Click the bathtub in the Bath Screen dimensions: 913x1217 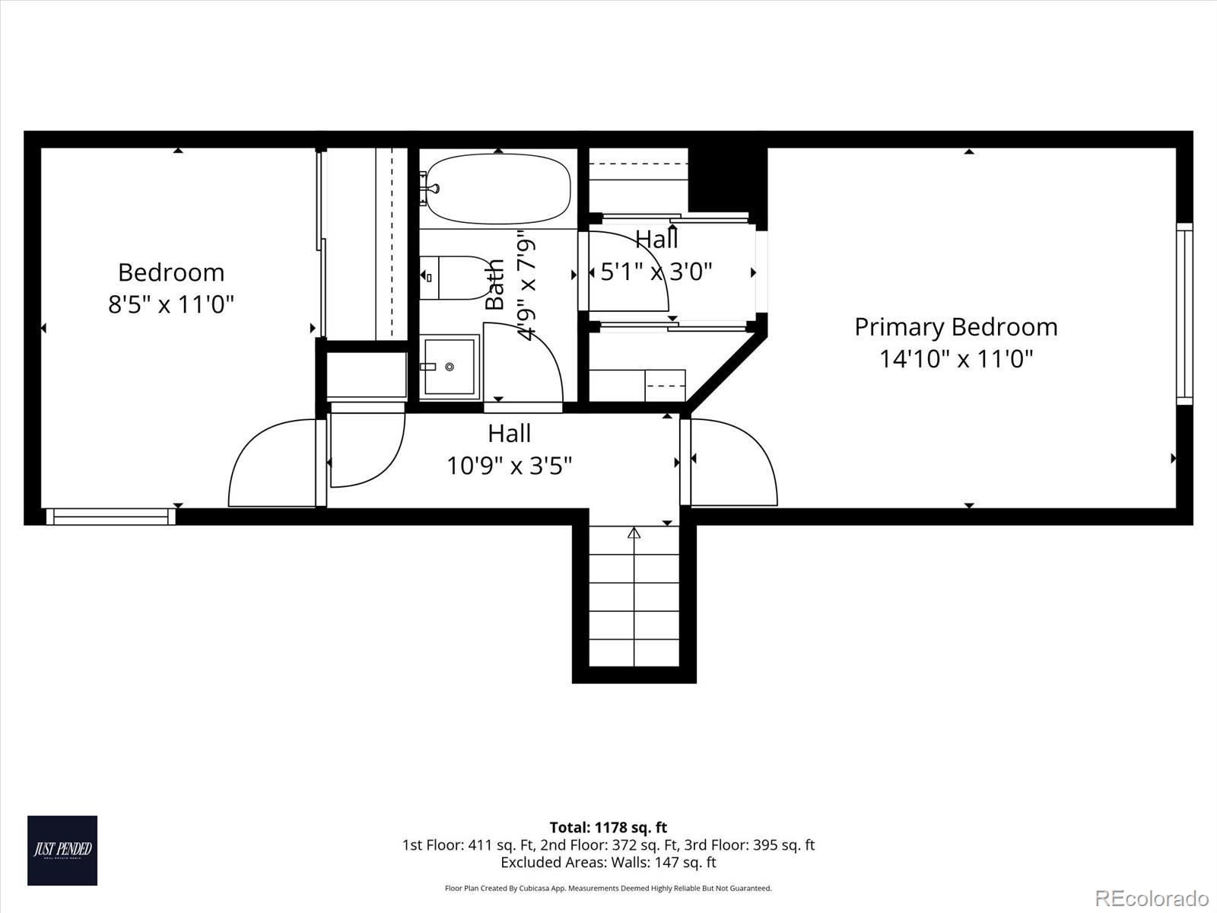point(497,189)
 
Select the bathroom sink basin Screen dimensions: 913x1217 point(450,367)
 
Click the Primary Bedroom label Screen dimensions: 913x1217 point(955,326)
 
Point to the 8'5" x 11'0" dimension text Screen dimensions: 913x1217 point(170,304)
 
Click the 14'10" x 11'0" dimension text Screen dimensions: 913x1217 point(956,358)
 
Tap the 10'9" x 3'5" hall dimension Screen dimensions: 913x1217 point(509,465)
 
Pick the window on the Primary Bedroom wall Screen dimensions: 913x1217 point(1184,313)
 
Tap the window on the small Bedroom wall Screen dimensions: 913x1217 point(111,517)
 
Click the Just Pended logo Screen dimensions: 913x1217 point(62,850)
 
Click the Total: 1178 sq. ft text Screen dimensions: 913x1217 point(608,827)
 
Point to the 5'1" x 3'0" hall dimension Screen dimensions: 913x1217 point(656,272)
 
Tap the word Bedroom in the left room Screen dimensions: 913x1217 point(171,272)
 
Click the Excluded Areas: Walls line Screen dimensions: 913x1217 point(608,863)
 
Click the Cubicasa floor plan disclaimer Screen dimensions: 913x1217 point(608,888)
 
